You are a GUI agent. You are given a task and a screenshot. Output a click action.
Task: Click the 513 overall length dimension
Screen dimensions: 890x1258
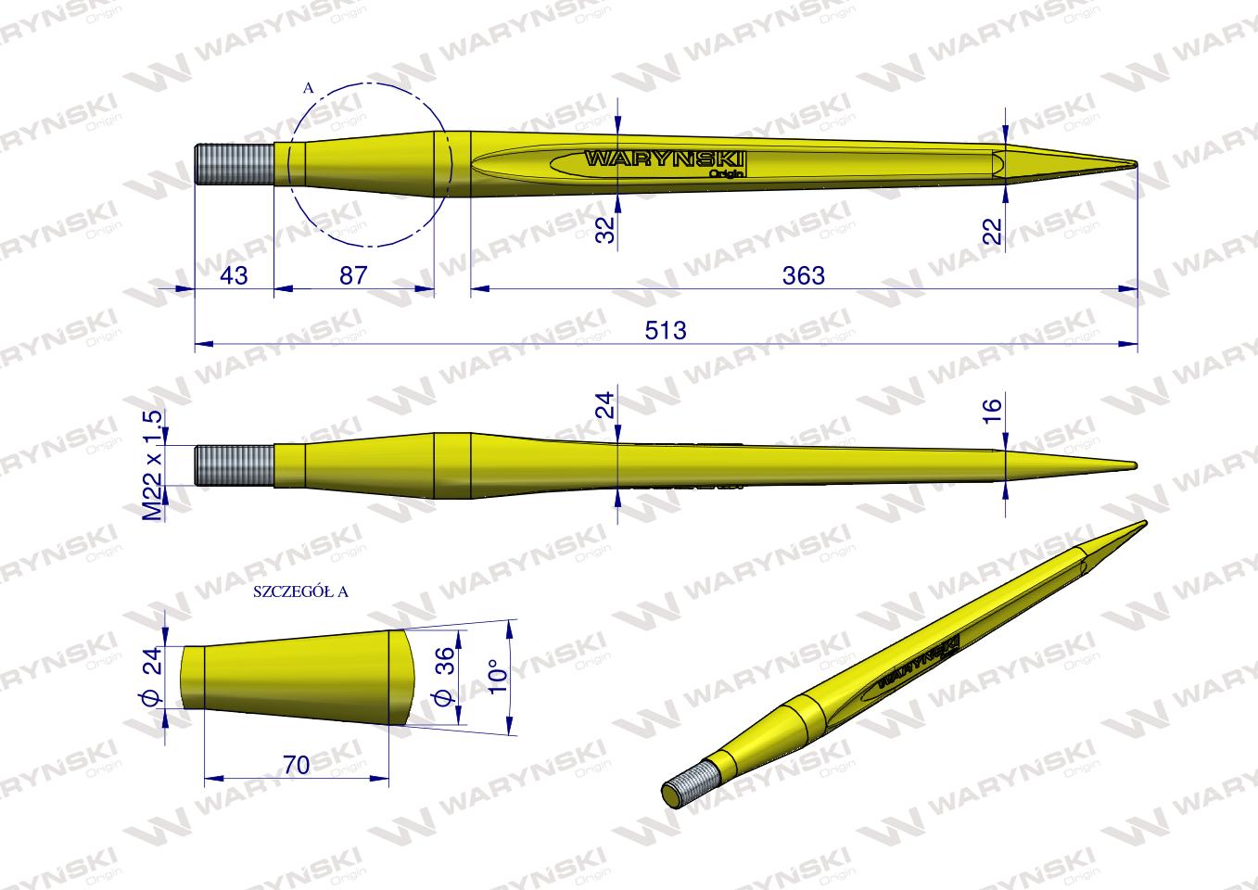[x=667, y=330]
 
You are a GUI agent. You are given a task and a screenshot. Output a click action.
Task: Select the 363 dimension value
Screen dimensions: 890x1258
[x=803, y=275]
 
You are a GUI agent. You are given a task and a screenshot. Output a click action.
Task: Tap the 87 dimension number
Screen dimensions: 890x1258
[x=354, y=275]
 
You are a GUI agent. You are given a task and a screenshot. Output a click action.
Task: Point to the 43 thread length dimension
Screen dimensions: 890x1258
[x=235, y=275]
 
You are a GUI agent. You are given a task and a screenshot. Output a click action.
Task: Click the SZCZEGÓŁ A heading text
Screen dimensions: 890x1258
[x=299, y=591]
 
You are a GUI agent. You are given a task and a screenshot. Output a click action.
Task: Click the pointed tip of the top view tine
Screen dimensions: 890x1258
[x=1132, y=165]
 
